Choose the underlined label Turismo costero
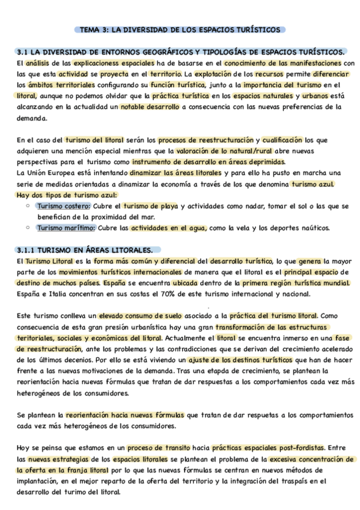63,206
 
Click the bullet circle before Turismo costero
28,206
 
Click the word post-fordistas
297,447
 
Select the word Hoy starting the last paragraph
24,447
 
